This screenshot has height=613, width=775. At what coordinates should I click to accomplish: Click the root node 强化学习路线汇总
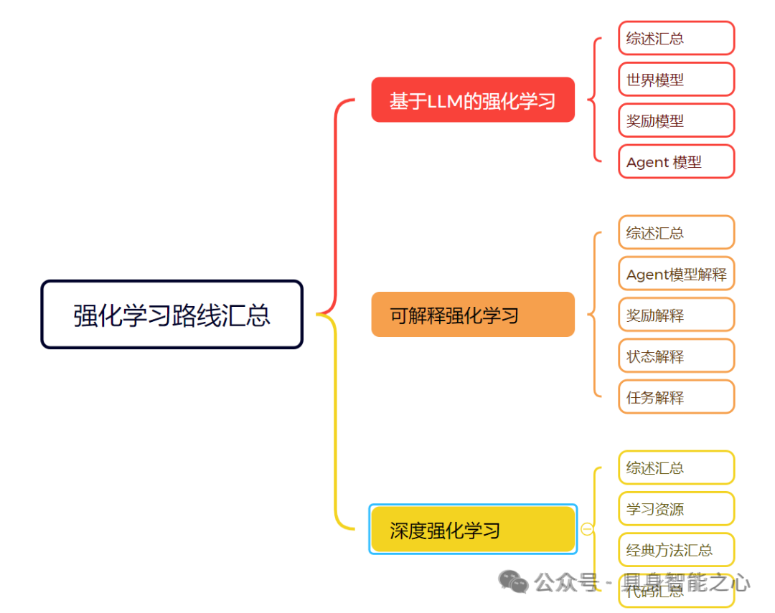coord(172,315)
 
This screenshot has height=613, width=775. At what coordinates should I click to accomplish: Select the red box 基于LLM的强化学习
coord(473,100)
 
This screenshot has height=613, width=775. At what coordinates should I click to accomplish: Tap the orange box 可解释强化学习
coord(473,315)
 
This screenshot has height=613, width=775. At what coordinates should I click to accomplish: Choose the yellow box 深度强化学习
coord(473,530)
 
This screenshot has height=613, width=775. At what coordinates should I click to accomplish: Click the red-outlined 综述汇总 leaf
coord(676,39)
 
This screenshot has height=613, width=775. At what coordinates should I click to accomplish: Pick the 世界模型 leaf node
coord(676,80)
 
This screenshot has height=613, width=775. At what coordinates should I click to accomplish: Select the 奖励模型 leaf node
coord(676,120)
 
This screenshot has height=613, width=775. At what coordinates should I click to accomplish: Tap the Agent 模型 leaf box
coord(676,162)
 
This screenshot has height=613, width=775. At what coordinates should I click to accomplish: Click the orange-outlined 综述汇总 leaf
coord(676,233)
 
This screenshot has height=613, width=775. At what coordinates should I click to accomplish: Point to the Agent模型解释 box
coord(676,274)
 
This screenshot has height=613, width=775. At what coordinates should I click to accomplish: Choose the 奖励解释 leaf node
coord(676,315)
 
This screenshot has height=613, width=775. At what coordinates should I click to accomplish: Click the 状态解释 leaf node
coord(676,356)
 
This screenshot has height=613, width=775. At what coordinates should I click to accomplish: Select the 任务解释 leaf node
coord(676,397)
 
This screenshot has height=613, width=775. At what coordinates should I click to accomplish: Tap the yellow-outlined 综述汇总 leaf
coord(676,468)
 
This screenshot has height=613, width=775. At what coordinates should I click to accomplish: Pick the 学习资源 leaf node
coord(676,509)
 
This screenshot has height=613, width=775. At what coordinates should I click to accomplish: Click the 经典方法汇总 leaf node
coord(676,550)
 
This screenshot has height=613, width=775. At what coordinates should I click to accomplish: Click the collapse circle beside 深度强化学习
coord(587,529)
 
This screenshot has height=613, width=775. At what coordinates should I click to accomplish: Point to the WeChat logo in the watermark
coord(514,582)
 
